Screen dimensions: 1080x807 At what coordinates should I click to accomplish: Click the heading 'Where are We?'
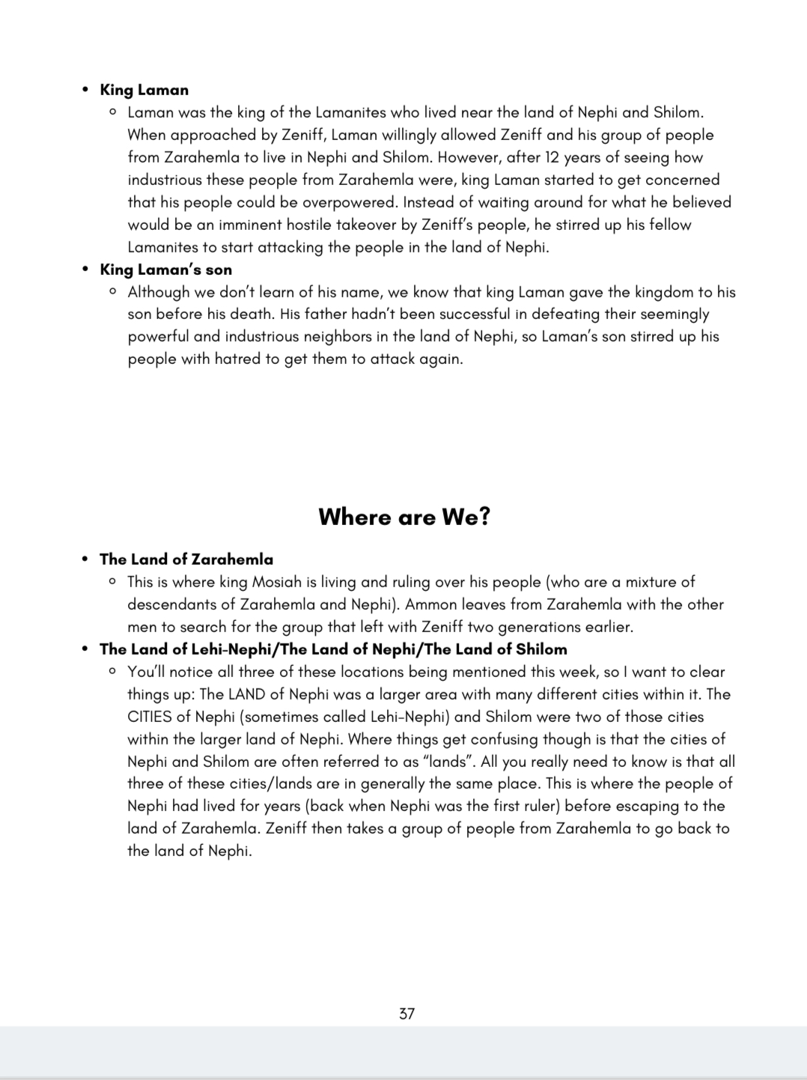pyautogui.click(x=403, y=517)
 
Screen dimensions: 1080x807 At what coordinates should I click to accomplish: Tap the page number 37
pyautogui.click(x=406, y=1013)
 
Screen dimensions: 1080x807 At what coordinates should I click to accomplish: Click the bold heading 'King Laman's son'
pyautogui.click(x=165, y=270)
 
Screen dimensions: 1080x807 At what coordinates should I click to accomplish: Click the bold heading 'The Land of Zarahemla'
pyautogui.click(x=186, y=559)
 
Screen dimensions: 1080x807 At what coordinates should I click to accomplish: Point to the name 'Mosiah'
pyautogui.click(x=276, y=582)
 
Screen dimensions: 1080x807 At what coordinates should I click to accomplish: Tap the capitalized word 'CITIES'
pyautogui.click(x=150, y=717)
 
